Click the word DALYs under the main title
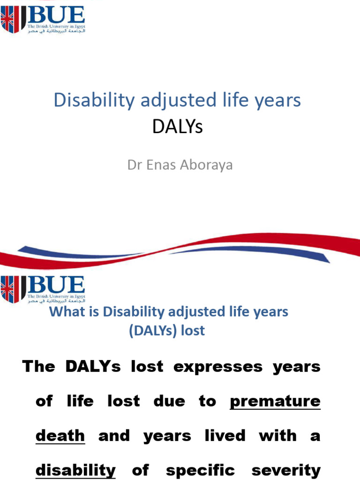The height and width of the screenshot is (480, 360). [177, 127]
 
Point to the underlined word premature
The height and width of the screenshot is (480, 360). [275, 401]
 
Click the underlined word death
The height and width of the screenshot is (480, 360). [60, 436]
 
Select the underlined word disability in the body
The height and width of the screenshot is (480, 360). [75, 470]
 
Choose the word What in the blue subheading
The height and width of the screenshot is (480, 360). [63, 312]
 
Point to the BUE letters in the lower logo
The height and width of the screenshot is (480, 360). [56, 285]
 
